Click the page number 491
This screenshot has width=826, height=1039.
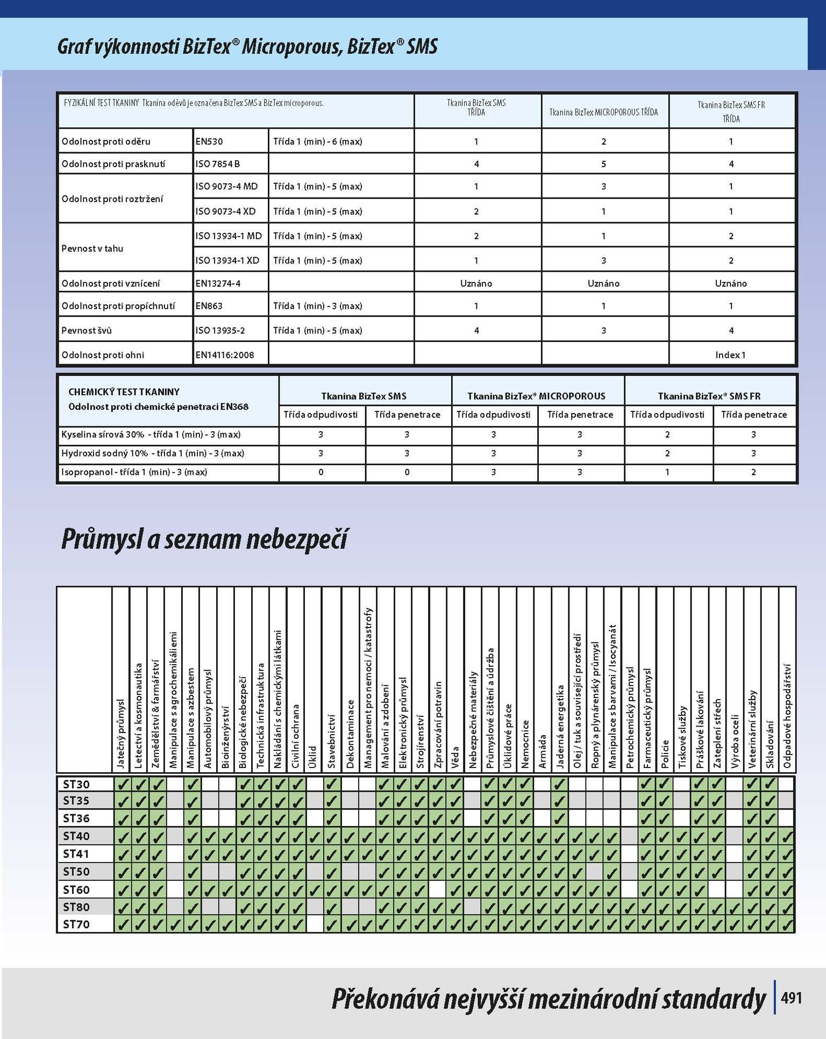click(x=791, y=998)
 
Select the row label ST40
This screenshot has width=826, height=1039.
click(x=76, y=836)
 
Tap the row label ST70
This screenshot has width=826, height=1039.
click(x=76, y=924)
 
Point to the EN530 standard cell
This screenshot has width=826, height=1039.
click(x=209, y=141)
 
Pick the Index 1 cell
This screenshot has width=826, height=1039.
click(x=730, y=355)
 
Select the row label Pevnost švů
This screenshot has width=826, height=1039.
click(x=87, y=330)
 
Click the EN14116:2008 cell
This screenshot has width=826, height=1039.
click(x=225, y=355)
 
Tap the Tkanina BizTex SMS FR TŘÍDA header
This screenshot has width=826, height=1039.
click(x=731, y=111)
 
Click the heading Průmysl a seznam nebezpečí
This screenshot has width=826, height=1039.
click(x=204, y=539)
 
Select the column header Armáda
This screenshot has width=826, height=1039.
click(x=543, y=751)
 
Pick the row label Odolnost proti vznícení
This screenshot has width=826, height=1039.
click(x=111, y=283)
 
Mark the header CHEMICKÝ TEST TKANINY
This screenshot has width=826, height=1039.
click(x=124, y=392)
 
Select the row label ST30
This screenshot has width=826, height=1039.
click(x=76, y=784)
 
